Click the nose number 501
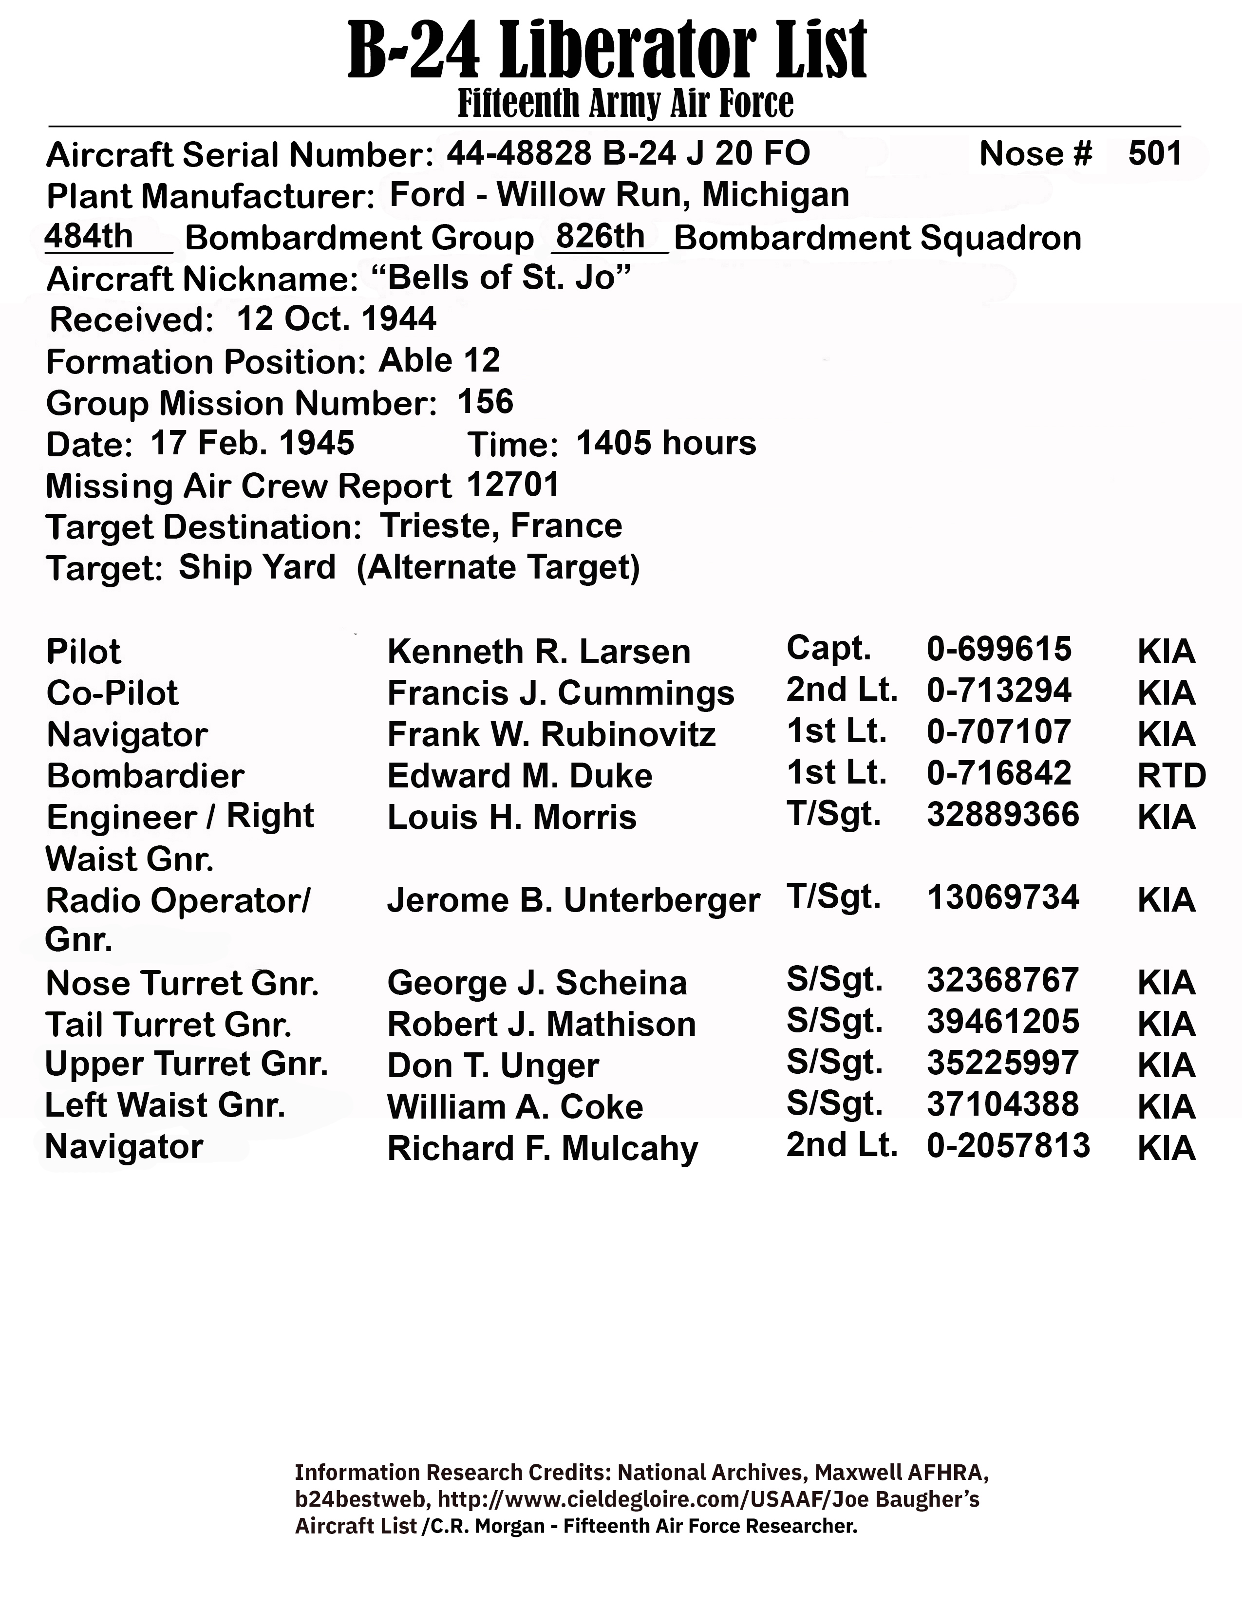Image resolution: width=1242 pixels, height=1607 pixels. (1154, 154)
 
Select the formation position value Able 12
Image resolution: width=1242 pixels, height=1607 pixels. (439, 360)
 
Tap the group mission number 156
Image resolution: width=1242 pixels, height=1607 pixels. (485, 402)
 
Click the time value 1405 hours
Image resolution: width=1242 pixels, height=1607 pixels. (666, 443)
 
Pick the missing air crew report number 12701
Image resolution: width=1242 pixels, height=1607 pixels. (513, 484)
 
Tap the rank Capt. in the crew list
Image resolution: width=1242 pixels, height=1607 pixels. (828, 648)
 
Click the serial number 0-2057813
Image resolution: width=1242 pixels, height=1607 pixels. (1008, 1146)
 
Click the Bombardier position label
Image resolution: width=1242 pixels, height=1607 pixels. (145, 776)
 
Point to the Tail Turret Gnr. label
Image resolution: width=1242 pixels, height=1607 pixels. (169, 1024)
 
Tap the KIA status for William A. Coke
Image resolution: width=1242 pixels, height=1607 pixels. (1166, 1107)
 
